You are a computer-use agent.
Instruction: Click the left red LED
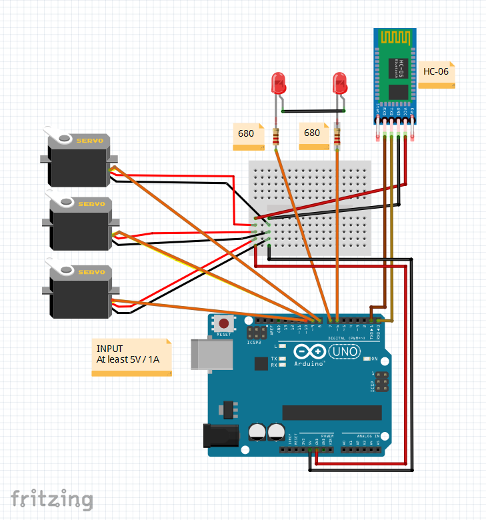pos(277,84)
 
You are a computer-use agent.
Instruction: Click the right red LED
pos(340,84)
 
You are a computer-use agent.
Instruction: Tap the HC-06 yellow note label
pos(437,72)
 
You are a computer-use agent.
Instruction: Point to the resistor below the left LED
pos(277,137)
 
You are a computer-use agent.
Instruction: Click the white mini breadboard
pos(310,207)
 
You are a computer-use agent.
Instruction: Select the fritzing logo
pos(51,498)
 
